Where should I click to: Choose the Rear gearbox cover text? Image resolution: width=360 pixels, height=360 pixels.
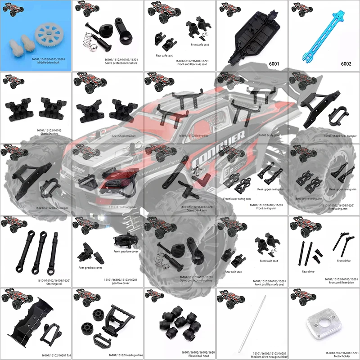coord(90,268)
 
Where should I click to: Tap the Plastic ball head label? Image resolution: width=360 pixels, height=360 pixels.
coord(180,356)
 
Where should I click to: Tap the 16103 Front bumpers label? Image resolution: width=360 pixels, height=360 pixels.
coord(122,207)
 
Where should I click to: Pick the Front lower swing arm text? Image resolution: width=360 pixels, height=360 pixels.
coord(238,198)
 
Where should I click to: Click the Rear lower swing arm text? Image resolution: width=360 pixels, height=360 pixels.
coord(309,198)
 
